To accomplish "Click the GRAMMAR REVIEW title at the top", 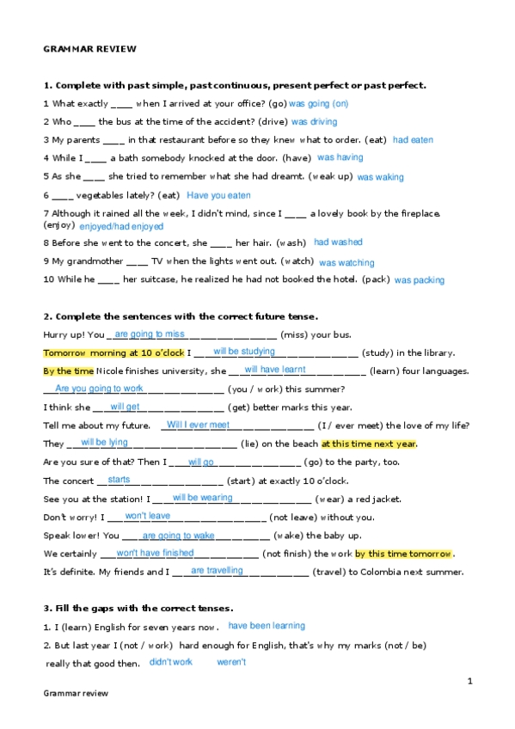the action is [89, 49].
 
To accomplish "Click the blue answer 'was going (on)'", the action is [319, 103].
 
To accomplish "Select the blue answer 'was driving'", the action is [314, 122].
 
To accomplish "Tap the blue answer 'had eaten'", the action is [413, 139].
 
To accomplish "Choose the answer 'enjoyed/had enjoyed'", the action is [121, 226].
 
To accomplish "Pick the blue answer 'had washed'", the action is [338, 242].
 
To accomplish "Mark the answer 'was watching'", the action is [346, 262].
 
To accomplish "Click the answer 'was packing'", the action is [420, 280].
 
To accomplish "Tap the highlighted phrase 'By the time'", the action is [68, 371].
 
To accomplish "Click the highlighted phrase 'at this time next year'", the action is [369, 444].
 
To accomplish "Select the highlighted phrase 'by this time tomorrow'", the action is [403, 554].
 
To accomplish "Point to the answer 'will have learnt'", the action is [275, 370].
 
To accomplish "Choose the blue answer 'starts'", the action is [120, 480].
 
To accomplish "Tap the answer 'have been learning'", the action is [267, 626].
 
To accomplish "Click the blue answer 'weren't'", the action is [231, 662].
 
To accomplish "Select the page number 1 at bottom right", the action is [470, 681].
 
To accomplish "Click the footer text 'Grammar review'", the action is [76, 693].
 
